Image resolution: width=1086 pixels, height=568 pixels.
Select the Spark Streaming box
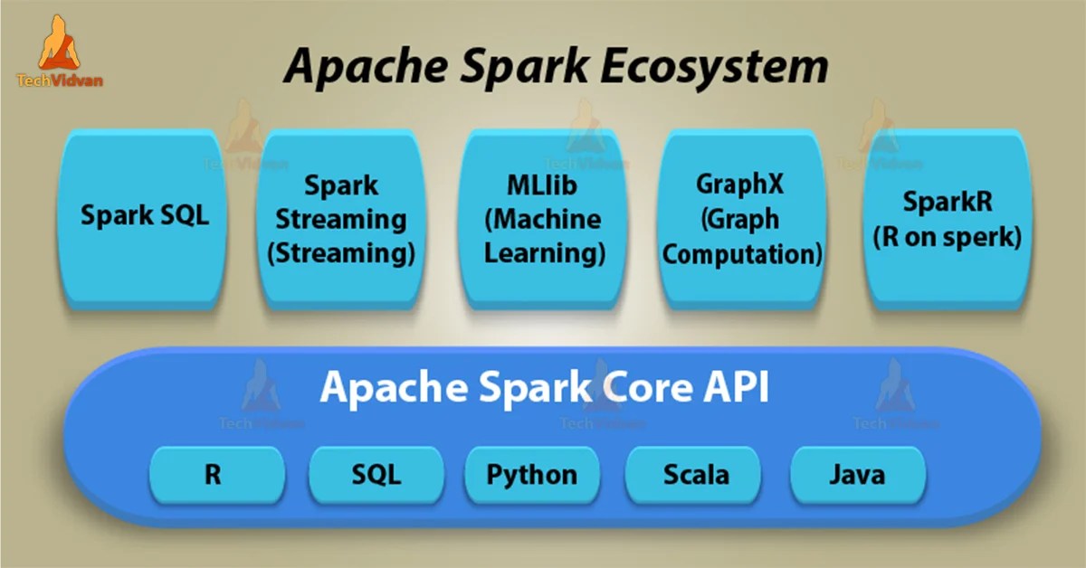point(341,219)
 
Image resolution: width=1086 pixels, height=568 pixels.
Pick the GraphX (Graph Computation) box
point(741,219)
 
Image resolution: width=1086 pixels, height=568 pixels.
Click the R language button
point(213,474)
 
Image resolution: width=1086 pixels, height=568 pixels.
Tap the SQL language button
point(376,474)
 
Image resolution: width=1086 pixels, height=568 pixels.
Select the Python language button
point(532,474)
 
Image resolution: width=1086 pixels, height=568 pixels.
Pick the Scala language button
point(695,474)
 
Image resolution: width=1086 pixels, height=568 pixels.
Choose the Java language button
point(857,474)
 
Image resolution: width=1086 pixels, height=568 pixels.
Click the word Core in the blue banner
point(633,388)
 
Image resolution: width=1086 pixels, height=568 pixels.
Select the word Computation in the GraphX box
point(741,253)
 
